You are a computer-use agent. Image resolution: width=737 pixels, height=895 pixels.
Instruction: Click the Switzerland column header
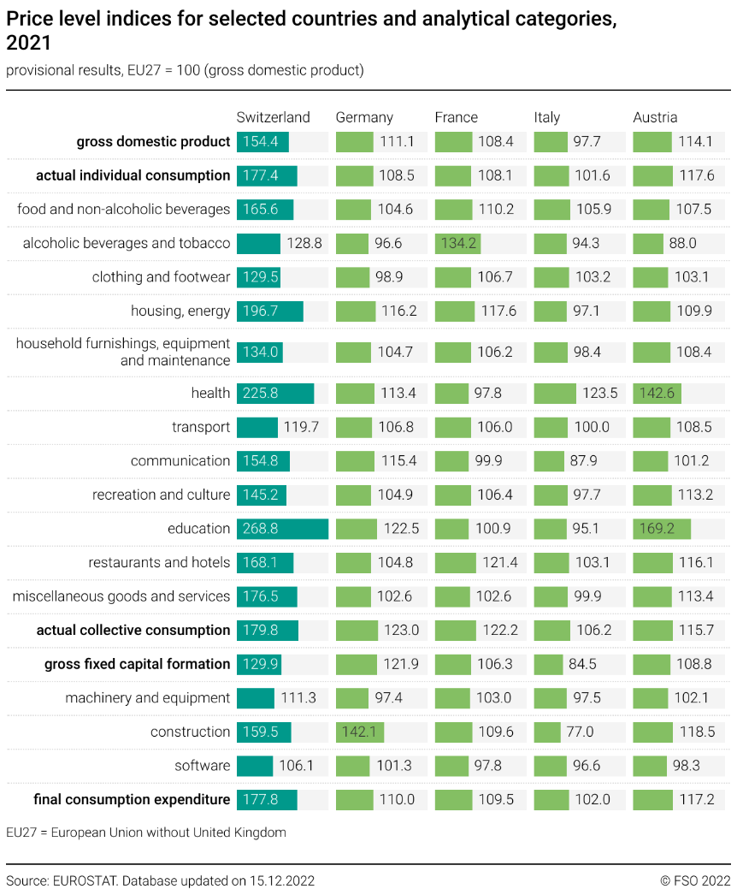coord(273,117)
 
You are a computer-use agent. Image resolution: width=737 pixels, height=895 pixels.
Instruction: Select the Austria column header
coord(655,117)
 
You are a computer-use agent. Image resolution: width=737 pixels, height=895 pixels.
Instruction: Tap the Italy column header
coord(552,117)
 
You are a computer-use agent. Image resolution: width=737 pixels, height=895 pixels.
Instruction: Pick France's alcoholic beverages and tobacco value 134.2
coord(458,243)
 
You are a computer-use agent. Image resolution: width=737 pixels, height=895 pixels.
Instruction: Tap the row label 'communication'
coord(180,460)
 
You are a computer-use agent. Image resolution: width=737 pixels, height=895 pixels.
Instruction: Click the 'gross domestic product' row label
coord(153,142)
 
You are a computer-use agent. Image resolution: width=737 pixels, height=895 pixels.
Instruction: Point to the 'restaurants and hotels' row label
coord(159,562)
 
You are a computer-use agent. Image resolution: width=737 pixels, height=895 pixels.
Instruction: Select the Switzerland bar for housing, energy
coord(269,311)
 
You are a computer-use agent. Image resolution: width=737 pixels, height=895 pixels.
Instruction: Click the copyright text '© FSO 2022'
coord(695,880)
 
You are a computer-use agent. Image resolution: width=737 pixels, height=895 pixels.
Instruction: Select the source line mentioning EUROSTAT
coord(161,880)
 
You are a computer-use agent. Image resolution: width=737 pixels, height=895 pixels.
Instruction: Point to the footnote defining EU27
coord(146,832)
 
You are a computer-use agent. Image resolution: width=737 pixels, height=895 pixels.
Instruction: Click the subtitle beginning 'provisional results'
coord(185,70)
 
